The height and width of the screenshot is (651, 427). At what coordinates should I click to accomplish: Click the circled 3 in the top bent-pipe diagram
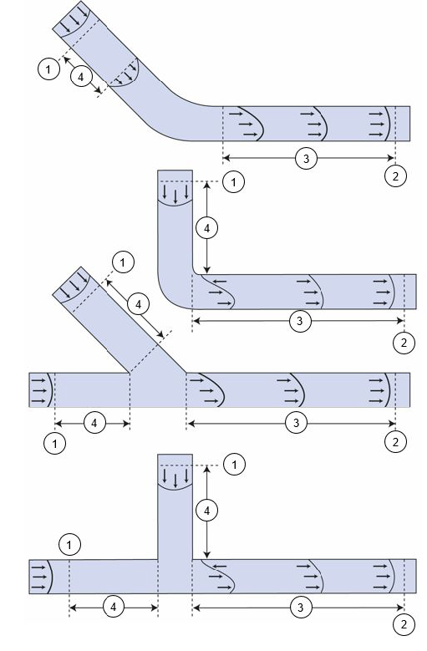[x=306, y=158]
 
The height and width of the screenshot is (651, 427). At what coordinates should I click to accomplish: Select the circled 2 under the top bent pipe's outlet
[x=395, y=176]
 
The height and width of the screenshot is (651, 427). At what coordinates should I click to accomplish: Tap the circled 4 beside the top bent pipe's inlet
[x=80, y=77]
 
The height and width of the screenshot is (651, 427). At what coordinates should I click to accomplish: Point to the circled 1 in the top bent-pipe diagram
[x=48, y=69]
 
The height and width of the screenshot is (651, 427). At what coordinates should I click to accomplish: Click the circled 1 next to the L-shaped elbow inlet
[x=233, y=182]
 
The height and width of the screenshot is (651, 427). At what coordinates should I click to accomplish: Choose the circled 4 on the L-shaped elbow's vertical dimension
[x=206, y=227]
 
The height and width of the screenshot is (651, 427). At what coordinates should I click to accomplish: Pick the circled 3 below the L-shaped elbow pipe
[x=299, y=321]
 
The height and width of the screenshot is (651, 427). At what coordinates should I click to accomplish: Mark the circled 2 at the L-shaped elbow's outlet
[x=404, y=343]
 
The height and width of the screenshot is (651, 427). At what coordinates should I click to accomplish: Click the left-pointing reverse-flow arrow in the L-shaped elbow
[x=221, y=282]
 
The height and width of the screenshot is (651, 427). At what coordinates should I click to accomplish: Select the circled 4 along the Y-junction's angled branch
[x=138, y=304]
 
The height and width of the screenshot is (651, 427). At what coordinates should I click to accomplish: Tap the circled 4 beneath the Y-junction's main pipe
[x=94, y=423]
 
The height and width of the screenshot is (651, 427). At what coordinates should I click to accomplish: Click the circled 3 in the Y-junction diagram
[x=296, y=423]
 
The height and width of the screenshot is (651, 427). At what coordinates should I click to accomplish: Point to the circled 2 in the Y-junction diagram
[x=395, y=442]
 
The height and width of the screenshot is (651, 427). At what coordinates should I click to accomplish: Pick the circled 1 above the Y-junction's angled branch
[x=123, y=262]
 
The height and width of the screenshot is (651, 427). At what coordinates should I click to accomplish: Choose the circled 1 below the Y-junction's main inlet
[x=55, y=444]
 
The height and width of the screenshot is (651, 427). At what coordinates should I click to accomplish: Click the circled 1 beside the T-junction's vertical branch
[x=235, y=464]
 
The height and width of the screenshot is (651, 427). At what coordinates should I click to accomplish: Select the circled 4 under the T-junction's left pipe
[x=114, y=608]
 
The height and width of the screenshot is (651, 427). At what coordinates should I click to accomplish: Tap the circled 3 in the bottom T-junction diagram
[x=300, y=608]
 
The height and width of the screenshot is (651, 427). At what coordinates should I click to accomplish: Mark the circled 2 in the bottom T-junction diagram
[x=404, y=624]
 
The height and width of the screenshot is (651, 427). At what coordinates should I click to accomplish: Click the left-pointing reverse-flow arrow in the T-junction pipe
[x=220, y=566]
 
